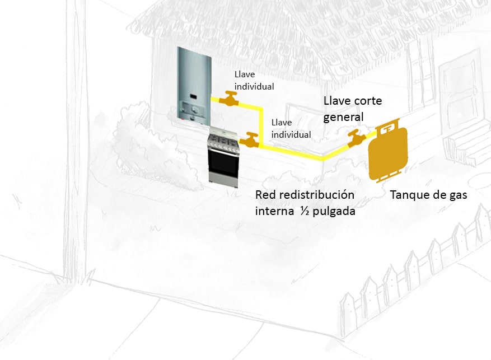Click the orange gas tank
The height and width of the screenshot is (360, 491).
387,154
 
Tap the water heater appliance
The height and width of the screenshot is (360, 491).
193,84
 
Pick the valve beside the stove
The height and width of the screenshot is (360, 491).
251,139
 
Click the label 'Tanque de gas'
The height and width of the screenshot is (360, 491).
428,195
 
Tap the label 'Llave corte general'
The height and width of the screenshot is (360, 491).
344,109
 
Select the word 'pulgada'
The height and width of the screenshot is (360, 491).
335,212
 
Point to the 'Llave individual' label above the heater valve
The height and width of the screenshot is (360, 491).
254,81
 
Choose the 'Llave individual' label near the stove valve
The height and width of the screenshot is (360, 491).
291,128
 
